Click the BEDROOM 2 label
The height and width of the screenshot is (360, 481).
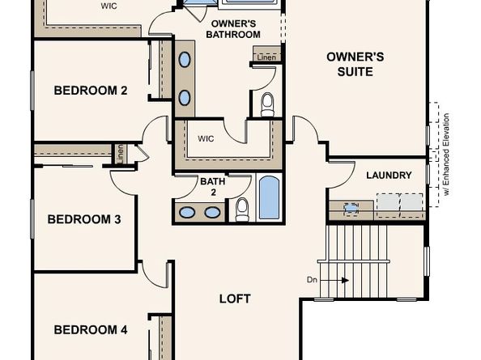point(91,91)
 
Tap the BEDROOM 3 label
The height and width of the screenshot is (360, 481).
point(84,219)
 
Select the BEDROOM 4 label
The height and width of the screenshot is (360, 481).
point(91,330)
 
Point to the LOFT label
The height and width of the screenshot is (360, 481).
point(235,299)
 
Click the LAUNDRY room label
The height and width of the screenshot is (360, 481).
point(389,176)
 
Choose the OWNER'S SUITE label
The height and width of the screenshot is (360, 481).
point(355,65)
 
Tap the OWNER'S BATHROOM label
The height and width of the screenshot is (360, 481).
point(233,29)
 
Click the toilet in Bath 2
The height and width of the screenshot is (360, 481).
point(242,210)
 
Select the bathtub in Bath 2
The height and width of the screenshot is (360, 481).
point(269,197)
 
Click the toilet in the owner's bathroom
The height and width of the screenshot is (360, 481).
point(267,105)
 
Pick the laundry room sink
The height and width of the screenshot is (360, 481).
point(351,209)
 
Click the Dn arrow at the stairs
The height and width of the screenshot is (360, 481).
point(335,281)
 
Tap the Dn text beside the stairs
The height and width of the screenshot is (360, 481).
point(312,280)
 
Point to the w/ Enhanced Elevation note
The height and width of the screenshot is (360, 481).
point(446,155)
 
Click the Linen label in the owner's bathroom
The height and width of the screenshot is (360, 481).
point(266,57)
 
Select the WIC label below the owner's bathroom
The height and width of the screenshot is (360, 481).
point(206,139)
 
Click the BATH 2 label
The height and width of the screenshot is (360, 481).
point(213,187)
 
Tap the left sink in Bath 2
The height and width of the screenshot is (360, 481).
point(187,212)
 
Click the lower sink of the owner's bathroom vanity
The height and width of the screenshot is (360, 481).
point(185,98)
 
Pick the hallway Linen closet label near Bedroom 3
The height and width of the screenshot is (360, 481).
point(121,154)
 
